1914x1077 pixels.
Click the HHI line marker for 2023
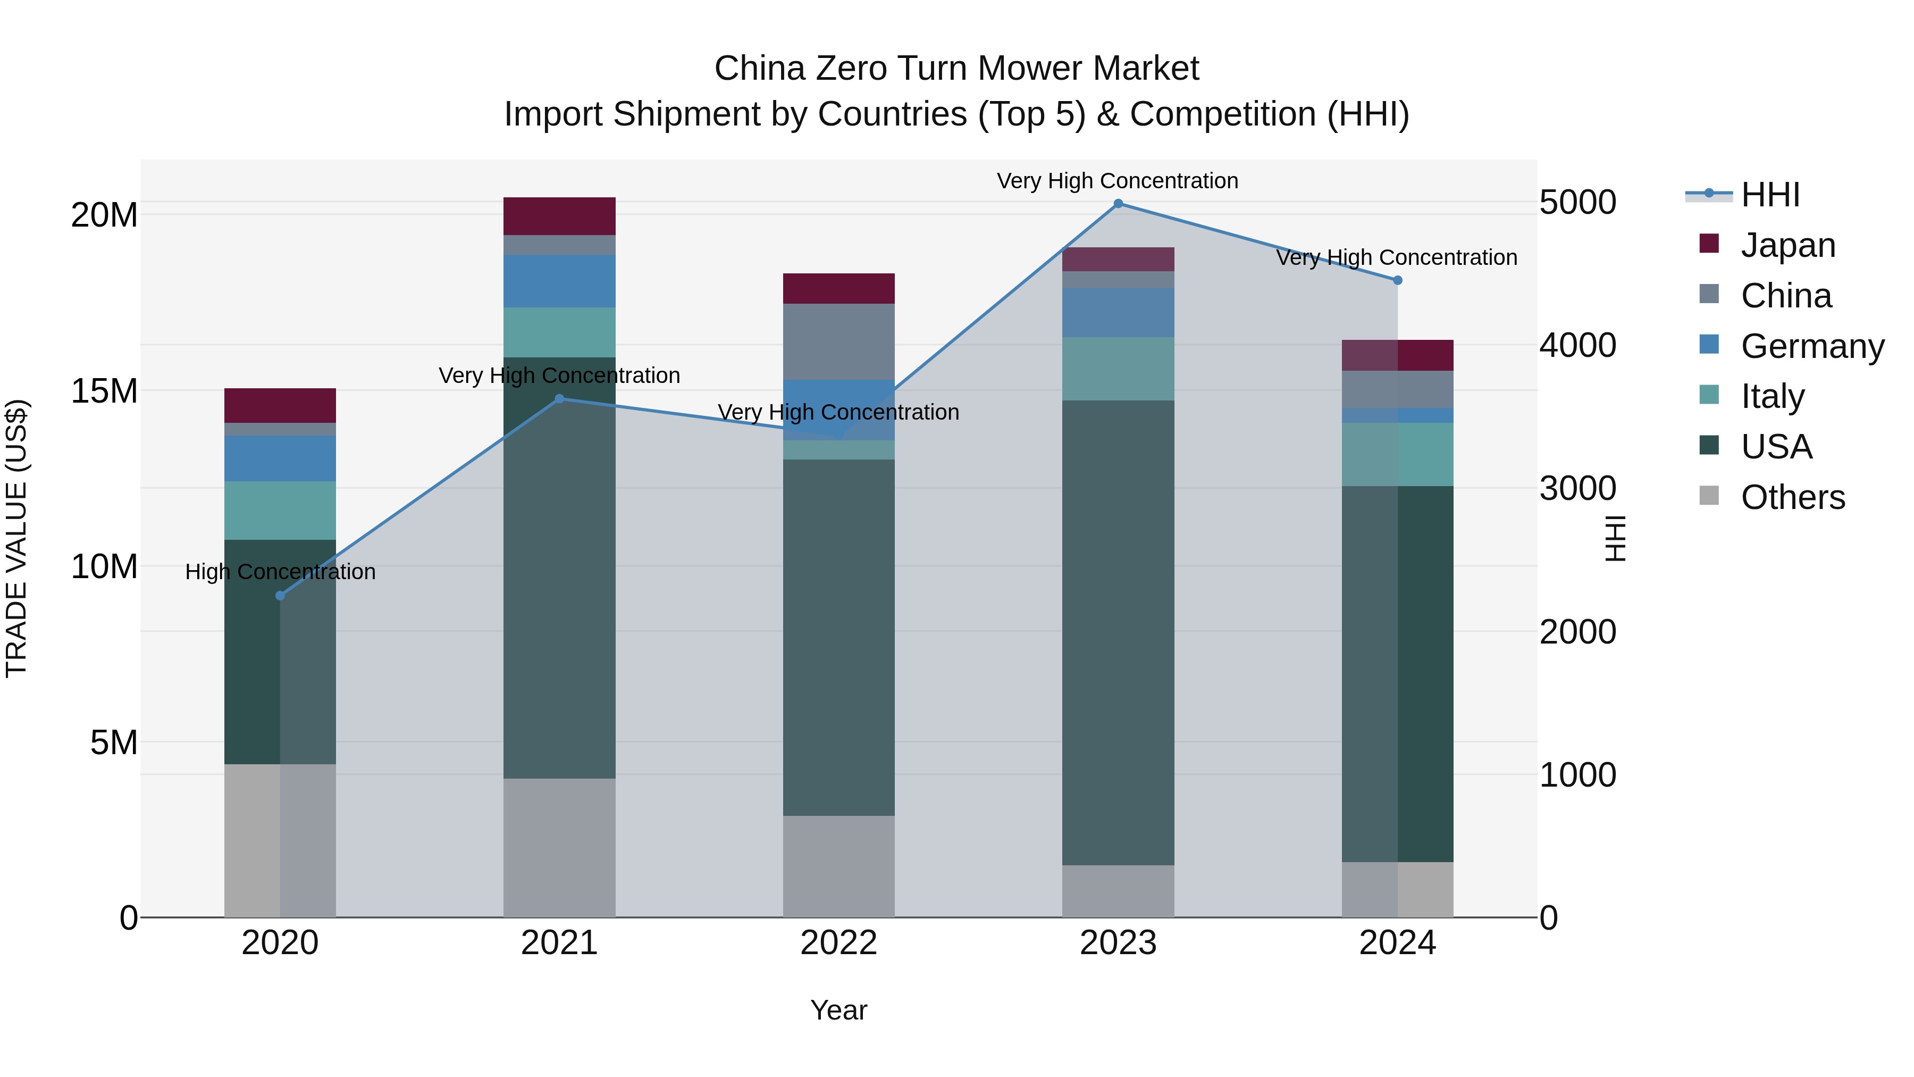(x=1118, y=204)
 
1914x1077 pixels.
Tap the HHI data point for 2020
(x=280, y=595)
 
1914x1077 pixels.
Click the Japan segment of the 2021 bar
(x=559, y=216)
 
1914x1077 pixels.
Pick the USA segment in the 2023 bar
(x=1118, y=632)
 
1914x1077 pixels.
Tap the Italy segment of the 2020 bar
(x=280, y=510)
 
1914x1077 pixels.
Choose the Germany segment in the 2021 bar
(x=559, y=281)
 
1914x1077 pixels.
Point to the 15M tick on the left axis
(x=104, y=391)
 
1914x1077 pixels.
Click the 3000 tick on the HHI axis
(x=1577, y=488)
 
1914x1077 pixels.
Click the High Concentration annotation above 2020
(x=280, y=572)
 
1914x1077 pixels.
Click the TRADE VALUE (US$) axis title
(x=16, y=538)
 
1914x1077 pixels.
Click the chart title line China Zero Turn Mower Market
(x=956, y=69)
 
